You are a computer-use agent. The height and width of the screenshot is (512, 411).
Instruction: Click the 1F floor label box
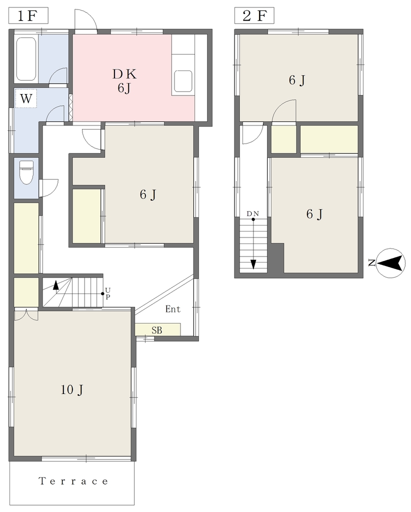pyautogui.click(x=28, y=15)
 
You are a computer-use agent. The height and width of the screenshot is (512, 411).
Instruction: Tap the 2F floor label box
pyautogui.click(x=254, y=15)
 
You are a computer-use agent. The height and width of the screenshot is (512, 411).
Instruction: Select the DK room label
pyautogui.click(x=124, y=74)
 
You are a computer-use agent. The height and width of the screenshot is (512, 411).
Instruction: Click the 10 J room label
pyautogui.click(x=72, y=389)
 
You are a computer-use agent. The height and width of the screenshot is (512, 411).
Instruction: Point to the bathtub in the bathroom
pyautogui.click(x=26, y=59)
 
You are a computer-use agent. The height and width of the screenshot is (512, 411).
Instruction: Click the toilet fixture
pyautogui.click(x=26, y=172)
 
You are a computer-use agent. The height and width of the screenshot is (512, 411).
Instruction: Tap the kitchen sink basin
pyautogui.click(x=183, y=81)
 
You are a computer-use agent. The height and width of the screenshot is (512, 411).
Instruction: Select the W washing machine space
pyautogui.click(x=26, y=98)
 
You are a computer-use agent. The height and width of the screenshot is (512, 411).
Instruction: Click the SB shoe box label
pyautogui.click(x=156, y=330)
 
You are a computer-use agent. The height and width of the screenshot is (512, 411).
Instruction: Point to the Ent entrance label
pyautogui.click(x=172, y=309)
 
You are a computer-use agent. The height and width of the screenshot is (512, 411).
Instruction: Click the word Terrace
pyautogui.click(x=73, y=481)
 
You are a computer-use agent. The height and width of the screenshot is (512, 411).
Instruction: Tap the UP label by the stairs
pyautogui.click(x=107, y=293)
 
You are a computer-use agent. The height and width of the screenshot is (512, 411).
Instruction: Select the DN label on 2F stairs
pyautogui.click(x=252, y=214)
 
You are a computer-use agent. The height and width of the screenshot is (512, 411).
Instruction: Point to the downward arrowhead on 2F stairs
pyautogui.click(x=253, y=264)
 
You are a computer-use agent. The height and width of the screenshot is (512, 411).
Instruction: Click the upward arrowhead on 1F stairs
pyautogui.click(x=56, y=285)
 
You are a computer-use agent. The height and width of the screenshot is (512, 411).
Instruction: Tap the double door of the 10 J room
pyautogui.click(x=26, y=314)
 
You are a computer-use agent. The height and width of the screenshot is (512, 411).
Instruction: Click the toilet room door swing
pyautogui.click(x=49, y=188)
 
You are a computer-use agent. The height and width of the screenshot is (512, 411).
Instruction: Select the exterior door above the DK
pyautogui.click(x=85, y=20)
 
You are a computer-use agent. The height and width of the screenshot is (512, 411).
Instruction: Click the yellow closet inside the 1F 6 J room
pyautogui.click(x=86, y=216)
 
